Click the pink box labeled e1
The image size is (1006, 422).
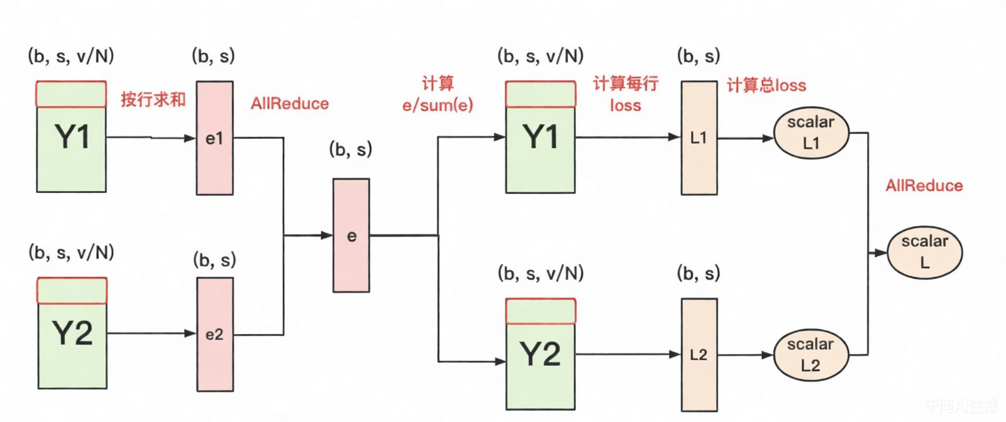point(214,138)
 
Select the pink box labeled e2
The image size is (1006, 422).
point(215,334)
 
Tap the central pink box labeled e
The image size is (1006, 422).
point(351,235)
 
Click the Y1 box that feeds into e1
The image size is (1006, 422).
point(71,137)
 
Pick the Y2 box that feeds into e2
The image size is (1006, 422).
point(72,333)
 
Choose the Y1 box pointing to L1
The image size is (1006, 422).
point(540,137)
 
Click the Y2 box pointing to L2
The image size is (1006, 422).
point(540,354)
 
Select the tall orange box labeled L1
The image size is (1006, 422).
point(699,138)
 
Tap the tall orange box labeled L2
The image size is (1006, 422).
point(699,355)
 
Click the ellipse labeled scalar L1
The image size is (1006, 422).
point(811,133)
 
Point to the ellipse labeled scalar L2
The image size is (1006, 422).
point(811,355)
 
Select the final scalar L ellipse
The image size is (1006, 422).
point(924,252)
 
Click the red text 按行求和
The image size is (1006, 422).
point(153,99)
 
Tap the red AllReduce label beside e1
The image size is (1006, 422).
point(290,104)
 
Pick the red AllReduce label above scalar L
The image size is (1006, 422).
point(924,186)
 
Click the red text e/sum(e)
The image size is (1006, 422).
point(438,105)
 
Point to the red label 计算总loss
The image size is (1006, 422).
point(766,85)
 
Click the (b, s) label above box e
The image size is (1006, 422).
point(350,149)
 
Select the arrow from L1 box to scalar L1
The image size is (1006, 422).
point(745,138)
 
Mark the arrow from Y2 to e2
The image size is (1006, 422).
point(151,333)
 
